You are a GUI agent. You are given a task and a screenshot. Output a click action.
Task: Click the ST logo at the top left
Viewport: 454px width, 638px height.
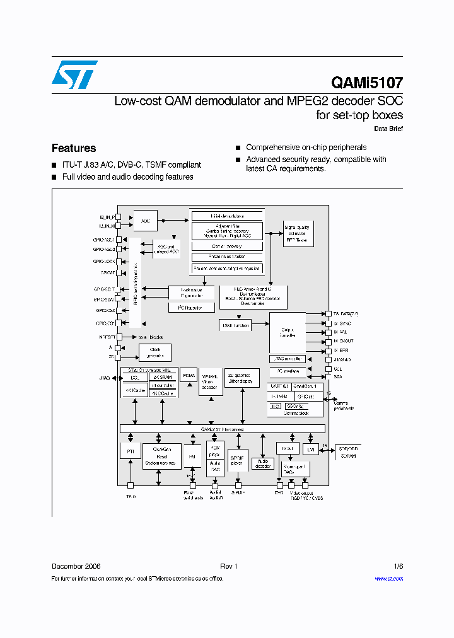(74, 74)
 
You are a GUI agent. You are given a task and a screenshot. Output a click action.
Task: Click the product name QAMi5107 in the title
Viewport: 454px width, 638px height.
(366, 83)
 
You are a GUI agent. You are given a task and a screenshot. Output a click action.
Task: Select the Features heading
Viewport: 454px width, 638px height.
(74, 148)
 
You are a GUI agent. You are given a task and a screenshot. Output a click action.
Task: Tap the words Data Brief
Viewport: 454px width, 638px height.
(388, 129)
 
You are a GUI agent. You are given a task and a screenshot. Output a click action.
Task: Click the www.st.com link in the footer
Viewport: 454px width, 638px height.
(388, 579)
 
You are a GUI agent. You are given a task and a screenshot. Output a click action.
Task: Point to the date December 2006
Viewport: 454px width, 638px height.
(76, 566)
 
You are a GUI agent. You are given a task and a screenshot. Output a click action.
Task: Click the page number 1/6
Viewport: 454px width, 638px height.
(398, 566)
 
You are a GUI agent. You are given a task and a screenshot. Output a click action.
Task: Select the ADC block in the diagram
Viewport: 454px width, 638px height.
(145, 221)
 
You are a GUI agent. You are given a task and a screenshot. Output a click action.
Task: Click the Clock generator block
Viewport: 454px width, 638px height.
(154, 352)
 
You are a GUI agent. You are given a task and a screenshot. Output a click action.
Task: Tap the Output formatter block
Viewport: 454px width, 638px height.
(288, 332)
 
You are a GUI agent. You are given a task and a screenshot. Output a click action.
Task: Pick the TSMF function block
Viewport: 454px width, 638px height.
(235, 325)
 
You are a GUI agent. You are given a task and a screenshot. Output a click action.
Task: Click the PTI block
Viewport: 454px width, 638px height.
(130, 451)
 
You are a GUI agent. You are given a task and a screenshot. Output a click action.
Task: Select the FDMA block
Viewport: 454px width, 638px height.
(188, 376)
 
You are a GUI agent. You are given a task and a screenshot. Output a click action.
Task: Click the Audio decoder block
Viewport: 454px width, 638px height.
(262, 463)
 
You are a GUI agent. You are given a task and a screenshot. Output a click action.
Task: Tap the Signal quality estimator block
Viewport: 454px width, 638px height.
(298, 233)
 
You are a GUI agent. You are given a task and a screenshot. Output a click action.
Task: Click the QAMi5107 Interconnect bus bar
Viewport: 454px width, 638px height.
(223, 429)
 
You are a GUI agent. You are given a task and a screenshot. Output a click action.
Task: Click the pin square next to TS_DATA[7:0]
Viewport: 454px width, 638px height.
(329, 313)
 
